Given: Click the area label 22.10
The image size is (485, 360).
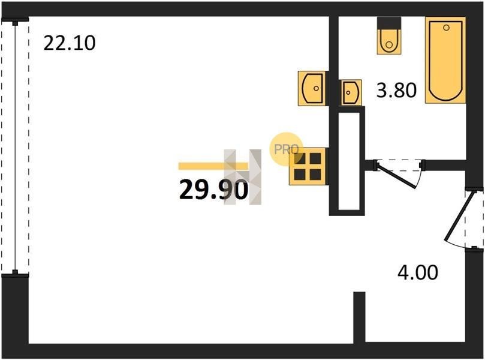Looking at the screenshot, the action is [x=70, y=43].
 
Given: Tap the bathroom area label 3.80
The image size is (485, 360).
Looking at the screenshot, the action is [x=396, y=91].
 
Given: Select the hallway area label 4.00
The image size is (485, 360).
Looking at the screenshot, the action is [x=418, y=273].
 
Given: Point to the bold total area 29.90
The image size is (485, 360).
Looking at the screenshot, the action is [x=213, y=190].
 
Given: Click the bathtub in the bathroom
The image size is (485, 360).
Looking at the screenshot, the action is [x=445, y=60].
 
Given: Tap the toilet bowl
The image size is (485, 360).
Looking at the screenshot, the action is [x=389, y=41].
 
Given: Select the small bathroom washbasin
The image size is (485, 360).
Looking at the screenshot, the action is [x=351, y=92].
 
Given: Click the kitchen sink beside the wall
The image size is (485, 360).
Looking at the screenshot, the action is [x=312, y=88].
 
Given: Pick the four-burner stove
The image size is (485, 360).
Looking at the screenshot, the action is [x=308, y=167].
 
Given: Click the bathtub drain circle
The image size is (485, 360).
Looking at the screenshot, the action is [x=446, y=28].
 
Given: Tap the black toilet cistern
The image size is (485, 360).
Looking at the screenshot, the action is [x=389, y=23].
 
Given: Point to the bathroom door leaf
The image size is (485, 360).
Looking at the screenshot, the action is [x=396, y=176].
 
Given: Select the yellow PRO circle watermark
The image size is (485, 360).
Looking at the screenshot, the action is [x=286, y=149].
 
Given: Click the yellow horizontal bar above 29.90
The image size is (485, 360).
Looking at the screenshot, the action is [x=213, y=166].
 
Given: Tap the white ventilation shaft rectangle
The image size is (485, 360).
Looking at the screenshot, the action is [x=349, y=161].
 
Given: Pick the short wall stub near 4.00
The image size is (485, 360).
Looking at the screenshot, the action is [x=359, y=317].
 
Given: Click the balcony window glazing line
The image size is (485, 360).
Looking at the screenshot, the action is [x=15, y=148].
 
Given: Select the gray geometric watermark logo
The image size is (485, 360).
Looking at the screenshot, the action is [x=243, y=177].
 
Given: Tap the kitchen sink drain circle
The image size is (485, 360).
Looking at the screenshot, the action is [x=316, y=88].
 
